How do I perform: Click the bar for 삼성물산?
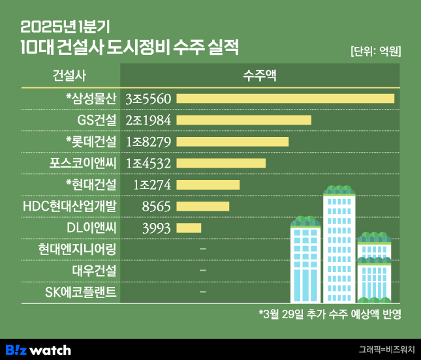285,98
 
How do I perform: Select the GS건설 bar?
243,120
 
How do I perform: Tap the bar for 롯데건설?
232,142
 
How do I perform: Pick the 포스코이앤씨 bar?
221,163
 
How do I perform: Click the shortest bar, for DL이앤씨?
189,228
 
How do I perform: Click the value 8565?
155,206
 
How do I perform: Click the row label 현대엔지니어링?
77,249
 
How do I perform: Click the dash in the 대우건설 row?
203,271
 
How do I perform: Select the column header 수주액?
259,74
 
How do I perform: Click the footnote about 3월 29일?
329,314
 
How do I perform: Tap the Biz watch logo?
38,350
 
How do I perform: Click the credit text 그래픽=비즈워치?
386,350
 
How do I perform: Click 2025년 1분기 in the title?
65,27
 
